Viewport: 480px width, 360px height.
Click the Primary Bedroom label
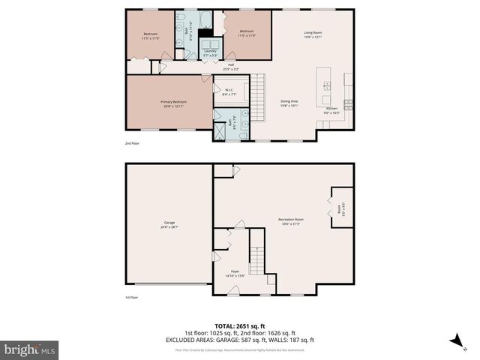coord(173,103)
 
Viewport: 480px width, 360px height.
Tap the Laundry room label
coord(199,52)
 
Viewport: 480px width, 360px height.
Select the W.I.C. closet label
coord(229,93)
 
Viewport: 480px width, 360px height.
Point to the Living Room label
coord(313,34)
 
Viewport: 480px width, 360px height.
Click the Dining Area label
coord(289,103)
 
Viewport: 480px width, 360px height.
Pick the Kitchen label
coord(331,110)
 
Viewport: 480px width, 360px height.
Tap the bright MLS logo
coord(29,349)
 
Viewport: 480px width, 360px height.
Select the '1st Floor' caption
coord(132,298)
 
